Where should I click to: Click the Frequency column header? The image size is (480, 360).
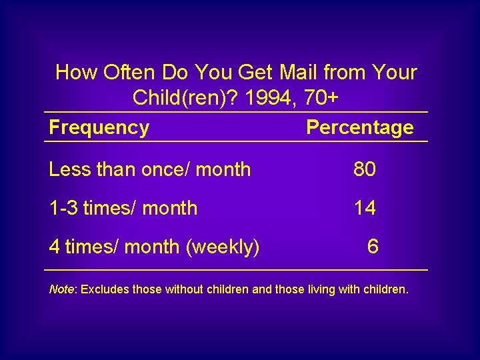99,127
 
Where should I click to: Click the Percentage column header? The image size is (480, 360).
359,127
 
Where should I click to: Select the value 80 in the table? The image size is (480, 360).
365,169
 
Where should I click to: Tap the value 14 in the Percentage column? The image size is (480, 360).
365,208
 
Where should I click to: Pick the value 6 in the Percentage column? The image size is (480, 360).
373,247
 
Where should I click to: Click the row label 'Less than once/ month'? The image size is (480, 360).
150,169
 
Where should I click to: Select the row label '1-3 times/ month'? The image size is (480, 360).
123,208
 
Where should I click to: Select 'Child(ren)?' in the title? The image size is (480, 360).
186,98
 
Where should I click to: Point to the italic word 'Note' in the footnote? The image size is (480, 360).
61,290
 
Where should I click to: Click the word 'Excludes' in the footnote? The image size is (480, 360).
105,290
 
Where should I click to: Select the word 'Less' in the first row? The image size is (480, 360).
69,169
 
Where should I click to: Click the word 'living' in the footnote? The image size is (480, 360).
321,290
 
